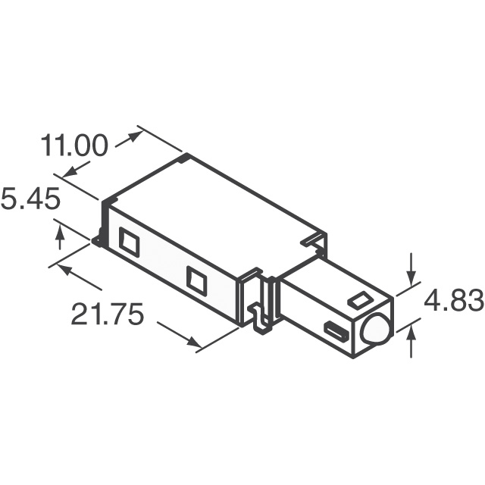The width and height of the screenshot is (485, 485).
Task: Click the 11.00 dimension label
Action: (74, 146)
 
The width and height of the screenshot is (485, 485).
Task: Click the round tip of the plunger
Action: (375, 330)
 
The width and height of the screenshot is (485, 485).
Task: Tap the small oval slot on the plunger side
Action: (335, 330)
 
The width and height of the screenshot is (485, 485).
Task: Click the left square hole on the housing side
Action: (129, 242)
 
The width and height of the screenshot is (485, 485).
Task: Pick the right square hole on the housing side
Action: (197, 281)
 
